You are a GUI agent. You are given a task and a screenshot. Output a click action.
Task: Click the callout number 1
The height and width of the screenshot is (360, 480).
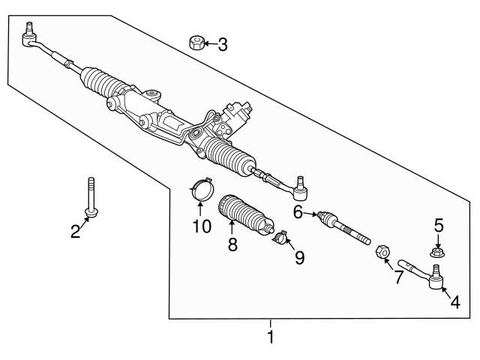(271, 337)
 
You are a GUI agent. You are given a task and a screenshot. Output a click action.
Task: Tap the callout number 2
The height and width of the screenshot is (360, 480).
(75, 232)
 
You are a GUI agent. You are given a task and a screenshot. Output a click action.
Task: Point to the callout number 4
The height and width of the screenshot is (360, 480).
(455, 302)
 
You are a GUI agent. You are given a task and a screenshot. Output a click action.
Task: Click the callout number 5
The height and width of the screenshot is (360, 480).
(439, 224)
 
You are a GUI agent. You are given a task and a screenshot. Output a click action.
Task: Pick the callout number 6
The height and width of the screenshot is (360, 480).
(298, 213)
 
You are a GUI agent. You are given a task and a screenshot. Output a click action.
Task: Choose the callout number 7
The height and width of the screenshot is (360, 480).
(397, 277)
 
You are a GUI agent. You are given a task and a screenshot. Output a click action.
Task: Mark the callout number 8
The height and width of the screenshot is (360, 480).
(232, 244)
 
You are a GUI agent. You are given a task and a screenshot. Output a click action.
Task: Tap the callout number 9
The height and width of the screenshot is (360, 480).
(299, 258)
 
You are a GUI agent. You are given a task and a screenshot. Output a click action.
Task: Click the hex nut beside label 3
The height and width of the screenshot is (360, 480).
(196, 43)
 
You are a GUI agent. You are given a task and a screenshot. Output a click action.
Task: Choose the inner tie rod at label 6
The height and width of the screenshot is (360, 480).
(343, 227)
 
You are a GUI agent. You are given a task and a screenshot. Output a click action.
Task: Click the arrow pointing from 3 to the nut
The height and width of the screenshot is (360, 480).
(209, 44)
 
